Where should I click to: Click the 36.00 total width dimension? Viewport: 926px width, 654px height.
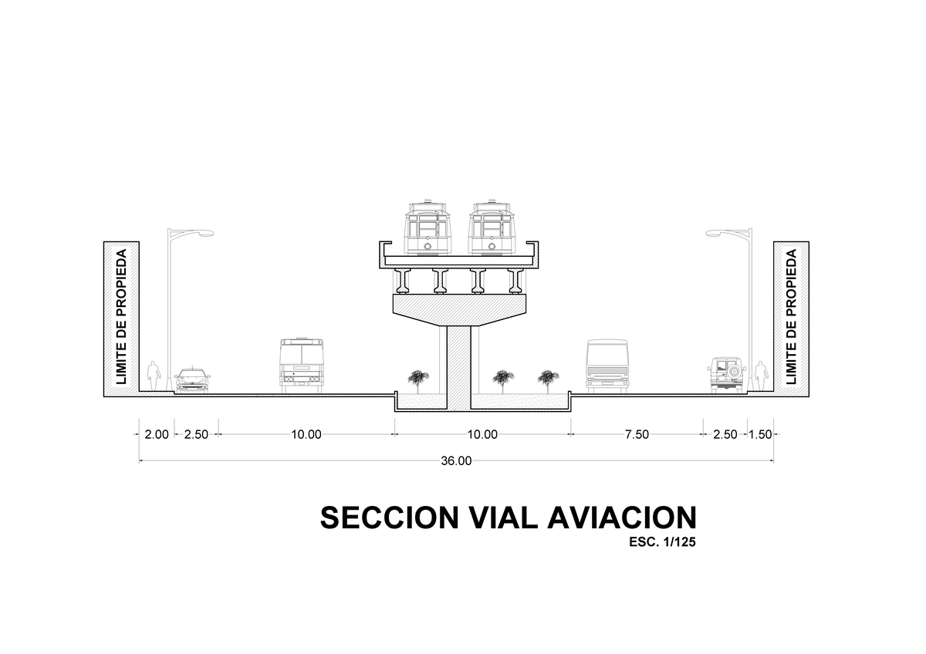coord(456,461)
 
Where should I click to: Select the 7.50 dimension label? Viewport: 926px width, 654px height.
coord(637,435)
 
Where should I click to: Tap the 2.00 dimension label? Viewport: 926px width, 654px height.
coord(157,435)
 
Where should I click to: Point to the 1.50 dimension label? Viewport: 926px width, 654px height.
coord(760,435)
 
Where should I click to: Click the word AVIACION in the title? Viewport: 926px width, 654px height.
coord(622,517)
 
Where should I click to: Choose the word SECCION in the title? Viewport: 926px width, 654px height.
coord(390,517)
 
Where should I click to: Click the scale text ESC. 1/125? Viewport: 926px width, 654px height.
coord(662,542)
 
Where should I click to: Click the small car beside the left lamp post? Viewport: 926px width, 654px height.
coord(192,380)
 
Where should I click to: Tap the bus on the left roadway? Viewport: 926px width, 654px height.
coord(302,366)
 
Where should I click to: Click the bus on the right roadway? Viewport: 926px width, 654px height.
coord(607,366)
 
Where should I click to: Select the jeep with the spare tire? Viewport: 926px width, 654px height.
coord(726,375)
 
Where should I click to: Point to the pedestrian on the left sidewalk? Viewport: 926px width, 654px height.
coord(154,376)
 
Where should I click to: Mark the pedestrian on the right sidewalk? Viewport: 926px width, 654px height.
coord(760,376)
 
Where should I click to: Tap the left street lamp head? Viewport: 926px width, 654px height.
coord(204,234)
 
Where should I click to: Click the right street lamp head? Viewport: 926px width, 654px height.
coord(715,234)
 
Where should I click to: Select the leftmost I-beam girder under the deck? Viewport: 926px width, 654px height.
coord(403,281)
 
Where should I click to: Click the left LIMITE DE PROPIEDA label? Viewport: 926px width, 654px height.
coord(121,317)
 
